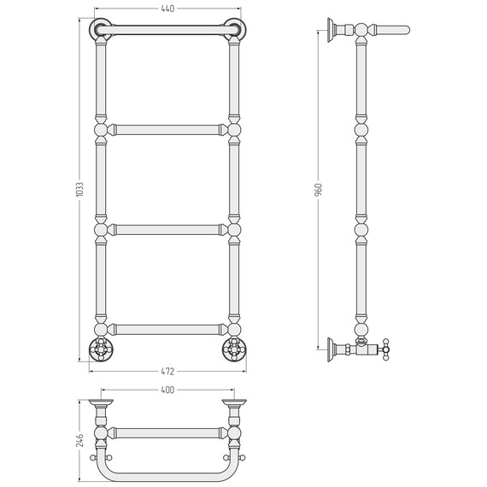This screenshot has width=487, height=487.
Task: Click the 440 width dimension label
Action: pyautogui.click(x=167, y=9)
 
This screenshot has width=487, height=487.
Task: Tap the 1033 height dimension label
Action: pyautogui.click(x=79, y=189)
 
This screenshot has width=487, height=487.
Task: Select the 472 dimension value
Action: pyautogui.click(x=167, y=371)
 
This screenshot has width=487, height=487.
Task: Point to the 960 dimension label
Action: pyautogui.click(x=319, y=190)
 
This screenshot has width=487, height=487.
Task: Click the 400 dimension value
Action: pyautogui.click(x=167, y=390)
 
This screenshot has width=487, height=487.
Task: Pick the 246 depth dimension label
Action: pyautogui.click(x=79, y=441)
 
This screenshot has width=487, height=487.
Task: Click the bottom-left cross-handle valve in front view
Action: pyautogui.click(x=101, y=349)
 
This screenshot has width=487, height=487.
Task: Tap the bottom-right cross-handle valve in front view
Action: pyautogui.click(x=234, y=349)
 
